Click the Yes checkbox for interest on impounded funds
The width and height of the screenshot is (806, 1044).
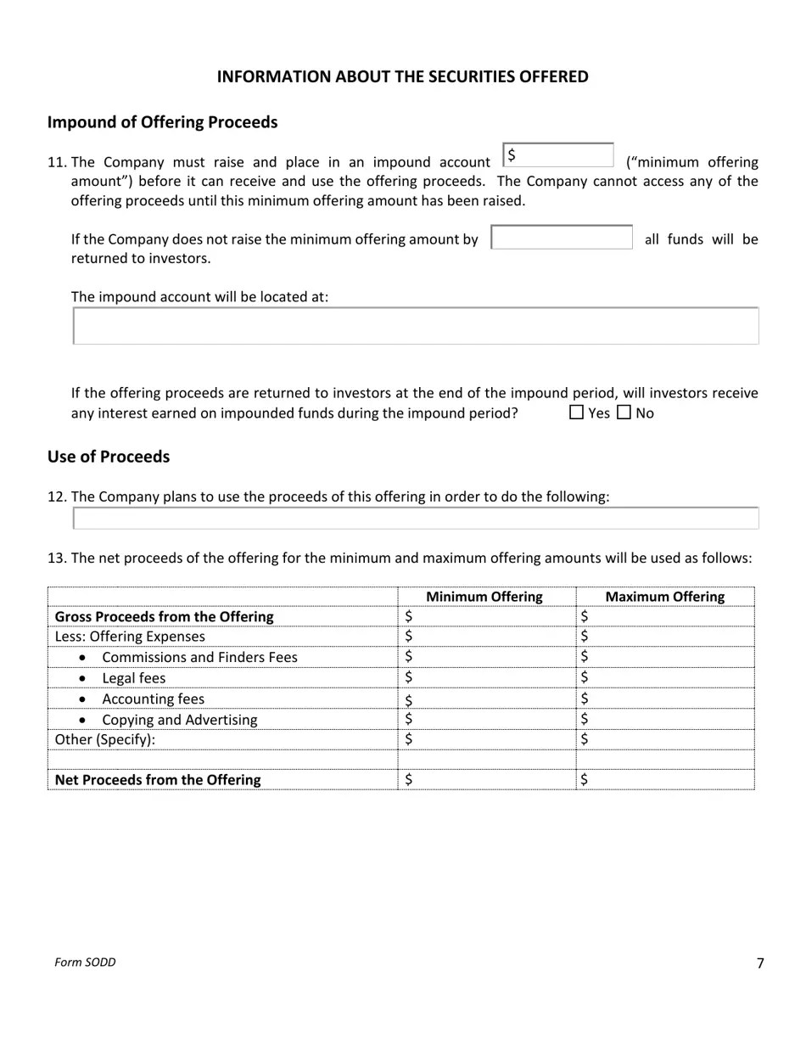(x=577, y=413)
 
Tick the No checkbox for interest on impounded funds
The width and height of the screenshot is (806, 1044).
(x=624, y=413)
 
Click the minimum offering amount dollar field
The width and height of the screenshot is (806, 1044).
(x=558, y=156)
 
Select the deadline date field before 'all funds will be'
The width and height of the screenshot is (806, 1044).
(x=562, y=238)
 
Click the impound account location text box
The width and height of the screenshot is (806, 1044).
(x=416, y=326)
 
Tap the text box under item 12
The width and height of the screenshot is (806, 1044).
(x=416, y=518)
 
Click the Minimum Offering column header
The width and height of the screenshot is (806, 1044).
(x=484, y=597)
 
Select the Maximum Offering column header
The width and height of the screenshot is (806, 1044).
(x=664, y=597)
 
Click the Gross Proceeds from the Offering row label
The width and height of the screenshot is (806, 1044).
(x=164, y=616)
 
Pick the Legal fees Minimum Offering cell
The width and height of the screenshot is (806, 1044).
(x=486, y=677)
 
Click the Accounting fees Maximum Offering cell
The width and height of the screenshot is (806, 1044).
(x=664, y=699)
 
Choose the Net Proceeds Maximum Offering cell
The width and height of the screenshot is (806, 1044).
(x=664, y=779)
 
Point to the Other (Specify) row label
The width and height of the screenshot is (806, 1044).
(x=105, y=739)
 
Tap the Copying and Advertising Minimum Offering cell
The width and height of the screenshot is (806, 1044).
(x=486, y=719)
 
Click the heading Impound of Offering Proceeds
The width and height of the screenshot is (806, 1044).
(x=162, y=122)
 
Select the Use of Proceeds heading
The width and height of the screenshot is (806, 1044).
(x=109, y=457)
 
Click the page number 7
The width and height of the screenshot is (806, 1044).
(x=759, y=963)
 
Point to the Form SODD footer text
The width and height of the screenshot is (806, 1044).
(x=85, y=962)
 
